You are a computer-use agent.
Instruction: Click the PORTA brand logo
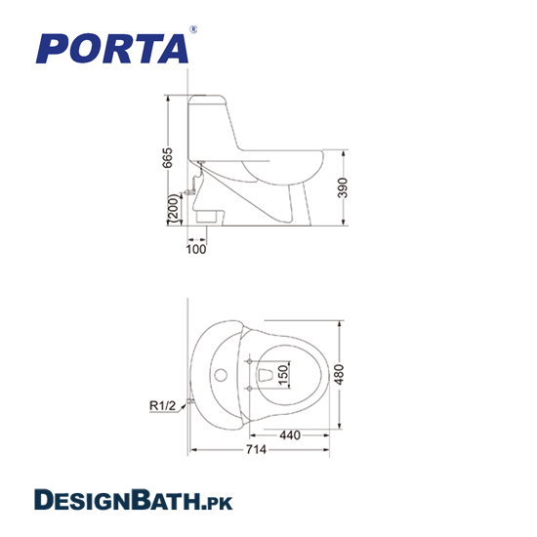click(x=112, y=48)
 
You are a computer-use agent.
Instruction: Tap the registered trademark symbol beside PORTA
click(x=193, y=29)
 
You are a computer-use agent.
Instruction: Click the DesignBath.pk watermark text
click(x=133, y=500)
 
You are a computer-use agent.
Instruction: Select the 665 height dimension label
click(x=168, y=158)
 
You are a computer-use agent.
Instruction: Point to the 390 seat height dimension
click(x=343, y=187)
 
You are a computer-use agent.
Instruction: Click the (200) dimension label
click(x=173, y=209)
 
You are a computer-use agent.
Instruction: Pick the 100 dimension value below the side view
click(x=196, y=249)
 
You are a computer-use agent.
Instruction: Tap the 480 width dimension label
click(x=339, y=374)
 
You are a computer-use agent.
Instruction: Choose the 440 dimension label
click(x=290, y=435)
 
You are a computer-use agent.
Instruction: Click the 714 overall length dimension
click(x=256, y=449)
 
